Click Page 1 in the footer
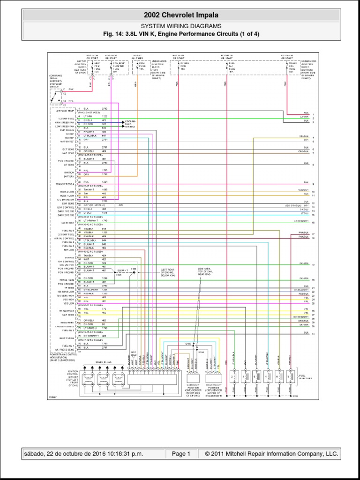point(181,454)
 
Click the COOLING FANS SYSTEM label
point(130,124)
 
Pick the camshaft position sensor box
point(193,378)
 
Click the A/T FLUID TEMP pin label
point(65,111)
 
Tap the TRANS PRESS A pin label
point(66,184)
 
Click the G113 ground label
point(133,269)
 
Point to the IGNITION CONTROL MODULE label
point(72,377)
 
